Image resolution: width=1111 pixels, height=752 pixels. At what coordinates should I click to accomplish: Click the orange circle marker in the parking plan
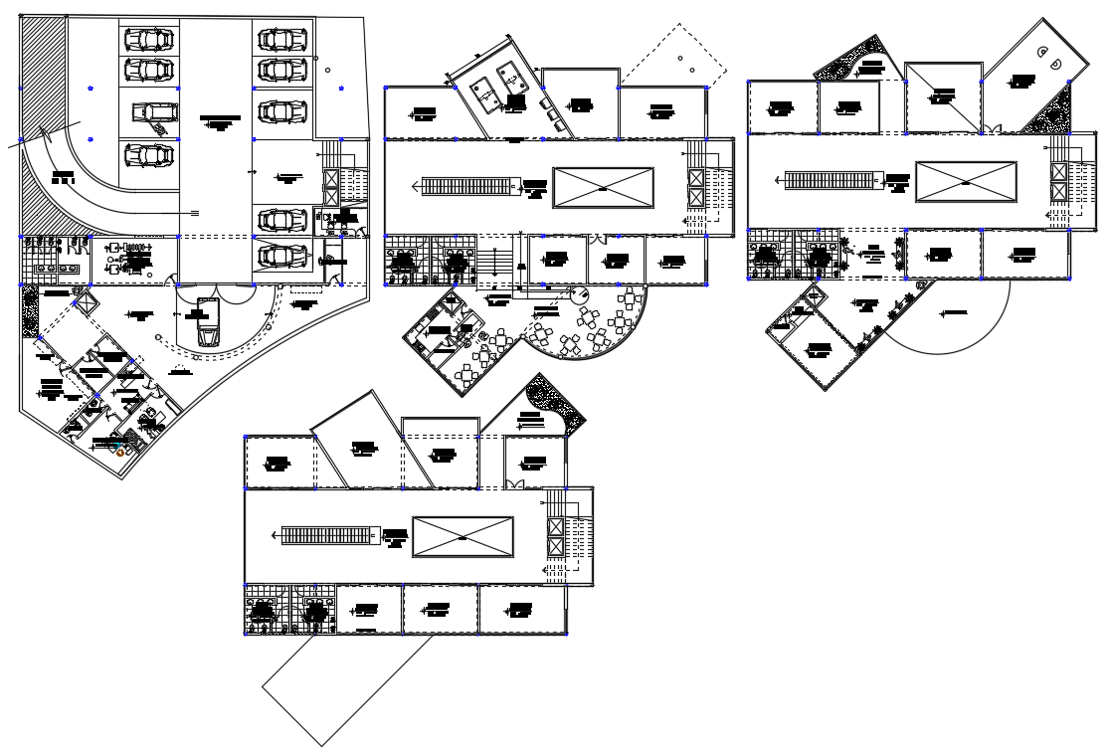coord(121,452)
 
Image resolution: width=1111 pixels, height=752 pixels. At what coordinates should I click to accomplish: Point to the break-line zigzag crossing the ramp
coord(33,140)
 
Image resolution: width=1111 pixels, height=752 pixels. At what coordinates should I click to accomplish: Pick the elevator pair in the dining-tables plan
coord(695,188)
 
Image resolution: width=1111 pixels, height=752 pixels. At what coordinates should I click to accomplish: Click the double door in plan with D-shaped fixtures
coord(995,129)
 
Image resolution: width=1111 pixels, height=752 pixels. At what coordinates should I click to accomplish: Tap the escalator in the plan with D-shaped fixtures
coord(833,181)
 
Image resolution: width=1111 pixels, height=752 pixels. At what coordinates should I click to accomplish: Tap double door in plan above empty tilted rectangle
coord(513,483)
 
